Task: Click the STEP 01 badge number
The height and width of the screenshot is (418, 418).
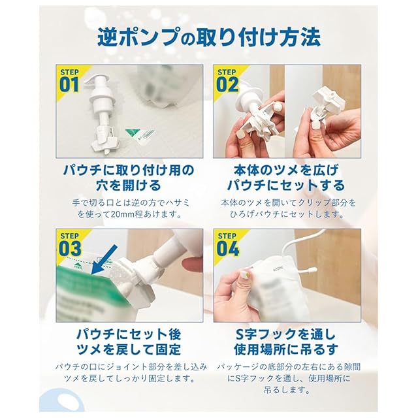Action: coord(69,85)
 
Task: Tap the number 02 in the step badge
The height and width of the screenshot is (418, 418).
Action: coord(227,85)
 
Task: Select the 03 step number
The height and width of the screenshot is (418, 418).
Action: coord(70,249)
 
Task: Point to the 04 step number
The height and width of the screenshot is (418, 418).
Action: coord(228,249)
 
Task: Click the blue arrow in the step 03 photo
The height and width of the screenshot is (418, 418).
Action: coord(104,260)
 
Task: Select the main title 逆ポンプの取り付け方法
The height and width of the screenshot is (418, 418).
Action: coord(209,37)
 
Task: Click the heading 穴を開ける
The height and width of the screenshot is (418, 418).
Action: coord(129,185)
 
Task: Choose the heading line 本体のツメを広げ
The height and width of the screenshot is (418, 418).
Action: coord(287,170)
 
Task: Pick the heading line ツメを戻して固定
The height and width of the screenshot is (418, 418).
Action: coord(129,349)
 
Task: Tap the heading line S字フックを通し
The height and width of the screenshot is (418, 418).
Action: coord(285,334)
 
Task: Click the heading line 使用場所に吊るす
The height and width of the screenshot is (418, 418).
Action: coord(286,349)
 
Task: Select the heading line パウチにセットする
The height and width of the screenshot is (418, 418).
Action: coord(286,185)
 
